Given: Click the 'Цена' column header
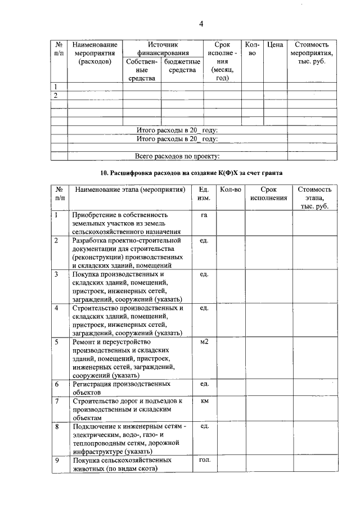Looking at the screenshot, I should (275, 44).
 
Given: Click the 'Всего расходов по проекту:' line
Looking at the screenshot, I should (177, 156).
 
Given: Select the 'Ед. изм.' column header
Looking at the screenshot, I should (204, 194).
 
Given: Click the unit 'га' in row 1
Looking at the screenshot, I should (204, 215).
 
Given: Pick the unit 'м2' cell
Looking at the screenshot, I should (204, 341).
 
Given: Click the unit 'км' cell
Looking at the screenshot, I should (204, 401).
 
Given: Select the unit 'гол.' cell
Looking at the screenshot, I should (204, 460).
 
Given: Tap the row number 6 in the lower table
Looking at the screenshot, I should (57, 384).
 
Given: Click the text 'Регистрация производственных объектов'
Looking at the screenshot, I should (121, 388).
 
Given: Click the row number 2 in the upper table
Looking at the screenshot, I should (56, 96).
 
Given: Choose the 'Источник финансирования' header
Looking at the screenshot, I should (162, 48).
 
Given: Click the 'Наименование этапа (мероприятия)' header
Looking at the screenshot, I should (130, 190).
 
